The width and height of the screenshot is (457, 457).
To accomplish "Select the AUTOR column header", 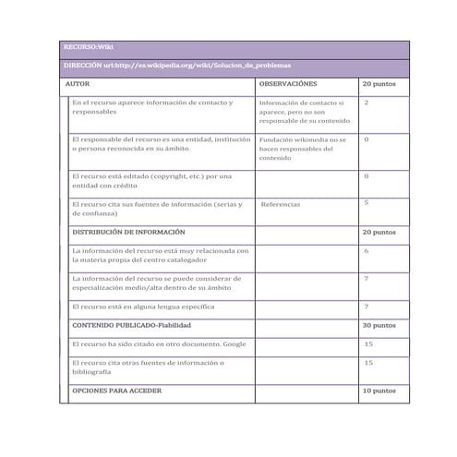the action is [x=77, y=83].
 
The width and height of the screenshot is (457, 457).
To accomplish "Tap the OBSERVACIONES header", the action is [x=287, y=83].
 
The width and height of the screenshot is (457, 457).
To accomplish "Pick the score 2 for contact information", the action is [x=367, y=102].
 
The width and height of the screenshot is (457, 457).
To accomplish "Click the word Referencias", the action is [x=281, y=204].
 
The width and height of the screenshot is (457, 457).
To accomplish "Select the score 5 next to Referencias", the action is [x=367, y=202].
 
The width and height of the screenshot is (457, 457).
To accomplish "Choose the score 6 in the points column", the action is [x=367, y=250].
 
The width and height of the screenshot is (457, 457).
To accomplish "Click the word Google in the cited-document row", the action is [x=234, y=343].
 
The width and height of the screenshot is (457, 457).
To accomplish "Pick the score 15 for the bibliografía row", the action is [x=368, y=363].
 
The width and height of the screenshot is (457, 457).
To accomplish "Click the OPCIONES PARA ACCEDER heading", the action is [x=116, y=391].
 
